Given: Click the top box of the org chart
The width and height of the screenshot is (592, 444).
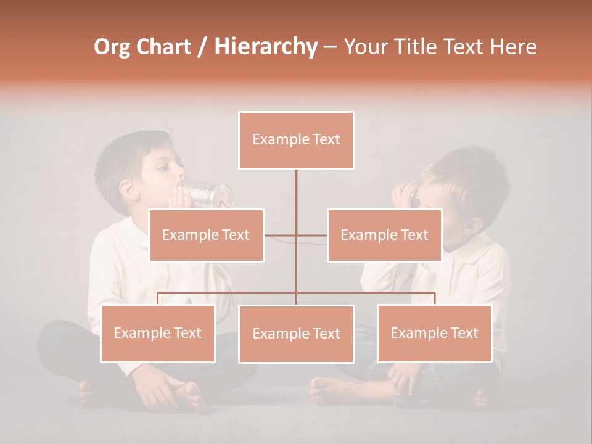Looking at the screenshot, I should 296,140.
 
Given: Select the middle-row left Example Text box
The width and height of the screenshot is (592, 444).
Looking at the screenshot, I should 206,236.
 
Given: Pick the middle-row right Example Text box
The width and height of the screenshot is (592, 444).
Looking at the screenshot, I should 384,236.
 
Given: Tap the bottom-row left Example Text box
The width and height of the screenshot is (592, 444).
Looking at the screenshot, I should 157,334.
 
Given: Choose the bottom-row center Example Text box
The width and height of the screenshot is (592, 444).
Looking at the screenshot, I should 296,334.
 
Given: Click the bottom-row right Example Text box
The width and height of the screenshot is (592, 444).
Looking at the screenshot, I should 434,334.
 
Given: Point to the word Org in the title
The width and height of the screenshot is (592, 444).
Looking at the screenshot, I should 112,47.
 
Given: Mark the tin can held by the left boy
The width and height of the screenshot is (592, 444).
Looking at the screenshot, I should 210,194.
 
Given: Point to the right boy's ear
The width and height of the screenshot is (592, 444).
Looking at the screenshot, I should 474,226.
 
